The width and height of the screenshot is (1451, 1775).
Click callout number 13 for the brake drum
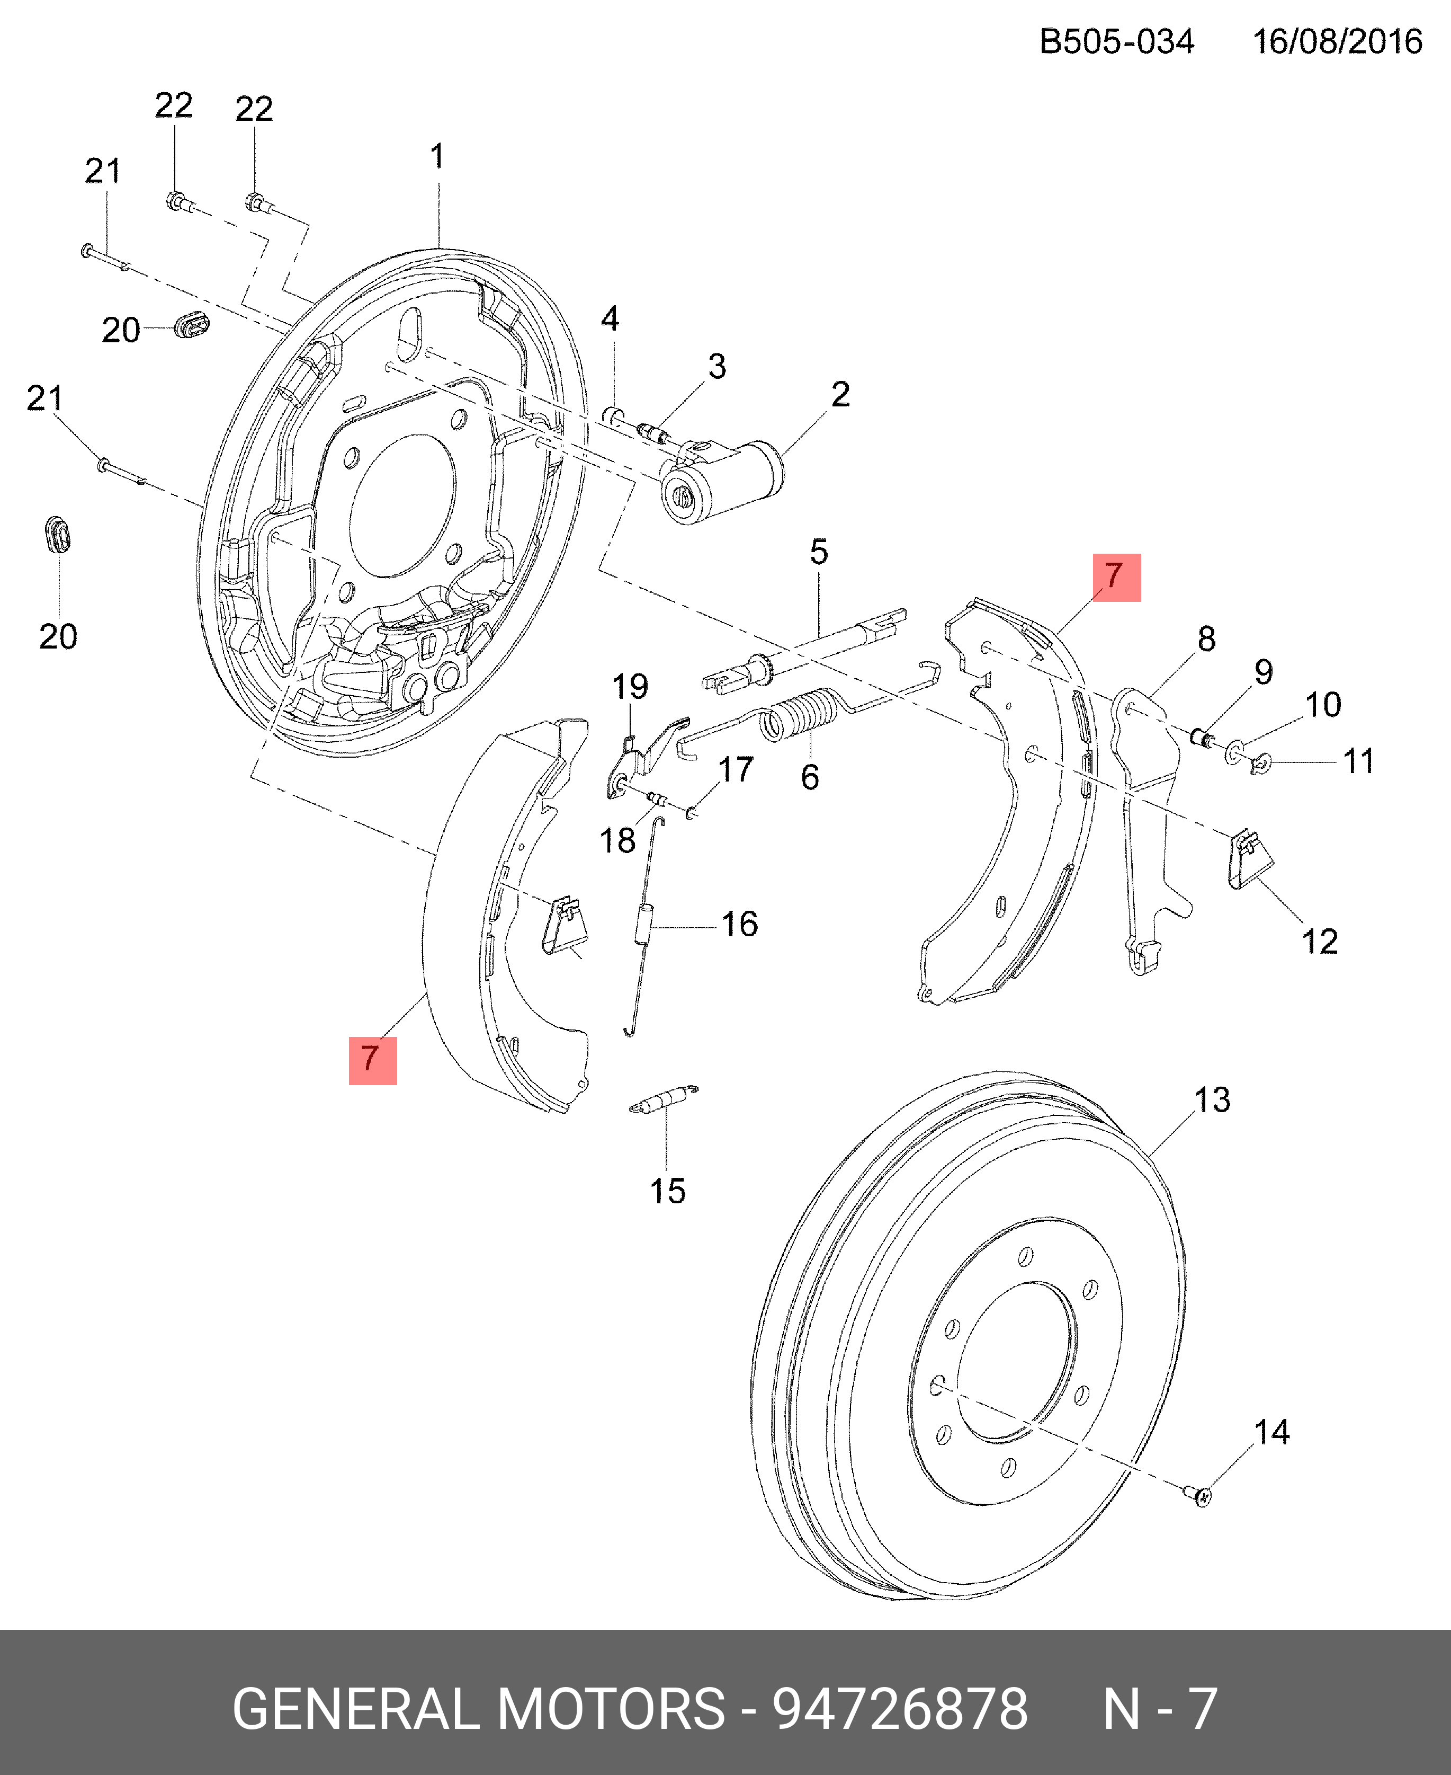click(1212, 1100)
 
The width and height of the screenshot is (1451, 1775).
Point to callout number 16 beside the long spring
click(739, 924)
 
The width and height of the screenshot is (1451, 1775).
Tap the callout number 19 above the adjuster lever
click(629, 687)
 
